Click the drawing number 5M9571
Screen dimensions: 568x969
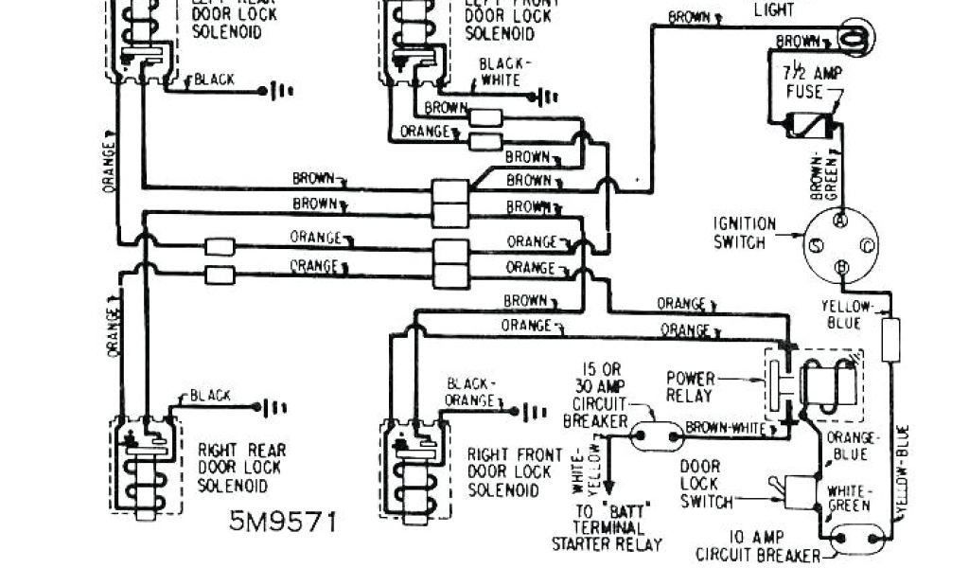280,521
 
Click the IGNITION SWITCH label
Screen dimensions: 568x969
745,233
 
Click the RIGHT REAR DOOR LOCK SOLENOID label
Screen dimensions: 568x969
241,468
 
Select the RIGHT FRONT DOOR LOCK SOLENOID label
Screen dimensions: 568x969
515,472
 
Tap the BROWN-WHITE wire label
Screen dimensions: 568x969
726,429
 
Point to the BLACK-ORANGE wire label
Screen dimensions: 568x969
470,392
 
